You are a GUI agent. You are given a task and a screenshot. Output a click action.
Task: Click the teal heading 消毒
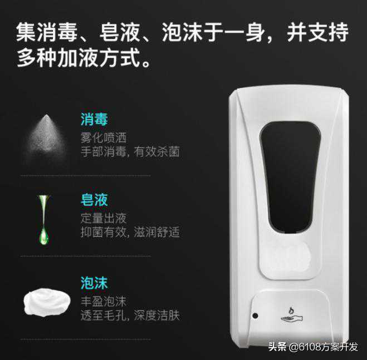pos(94,119)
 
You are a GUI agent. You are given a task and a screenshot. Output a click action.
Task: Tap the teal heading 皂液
pos(94,200)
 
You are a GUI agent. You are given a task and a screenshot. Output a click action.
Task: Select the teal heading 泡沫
pos(94,283)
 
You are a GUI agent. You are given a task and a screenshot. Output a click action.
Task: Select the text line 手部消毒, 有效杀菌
pos(130,151)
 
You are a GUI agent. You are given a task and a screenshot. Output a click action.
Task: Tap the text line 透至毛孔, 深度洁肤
pos(130,315)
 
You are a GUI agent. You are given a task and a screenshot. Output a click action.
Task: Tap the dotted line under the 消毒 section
pos(86,175)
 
